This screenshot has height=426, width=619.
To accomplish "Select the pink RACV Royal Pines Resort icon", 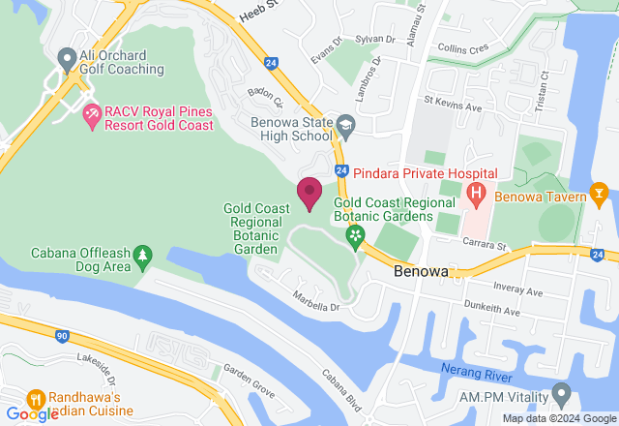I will (93, 117).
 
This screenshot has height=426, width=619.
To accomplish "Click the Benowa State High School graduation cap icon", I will (345, 125).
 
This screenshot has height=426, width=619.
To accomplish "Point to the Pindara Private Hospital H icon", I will (476, 194).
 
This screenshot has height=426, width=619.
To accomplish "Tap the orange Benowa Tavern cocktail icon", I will (600, 196).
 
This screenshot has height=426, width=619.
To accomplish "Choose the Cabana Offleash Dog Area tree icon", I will (143, 256).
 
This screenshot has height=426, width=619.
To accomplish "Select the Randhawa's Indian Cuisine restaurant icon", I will (37, 398).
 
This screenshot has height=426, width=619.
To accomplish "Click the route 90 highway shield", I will (62, 336).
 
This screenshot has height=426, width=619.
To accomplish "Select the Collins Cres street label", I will (464, 47).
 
